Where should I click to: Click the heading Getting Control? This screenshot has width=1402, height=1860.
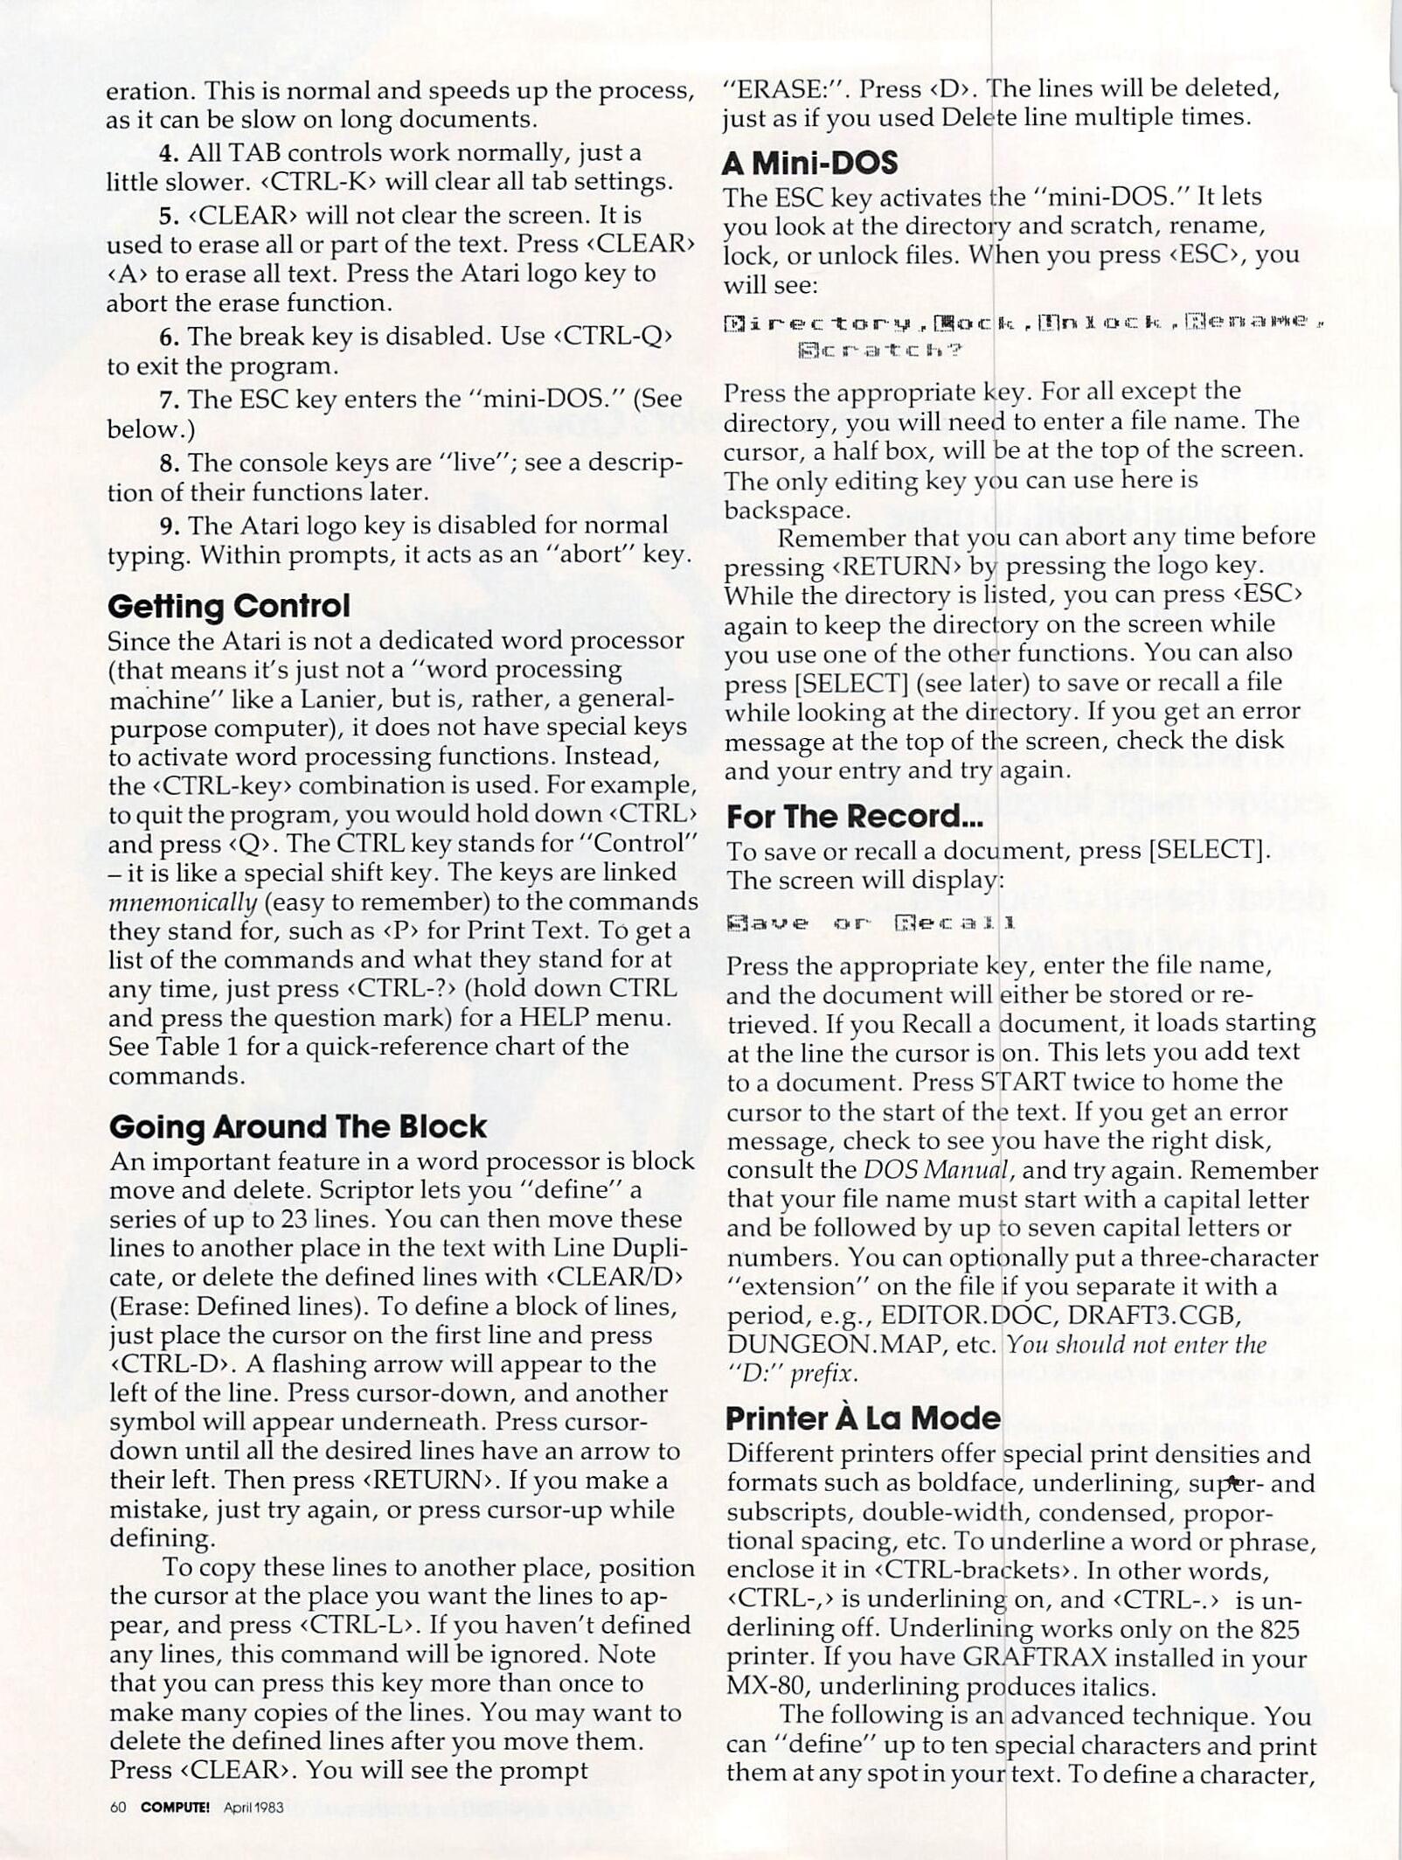228,606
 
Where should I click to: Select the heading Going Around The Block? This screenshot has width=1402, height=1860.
297,1126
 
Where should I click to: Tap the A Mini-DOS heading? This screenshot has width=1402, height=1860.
810,163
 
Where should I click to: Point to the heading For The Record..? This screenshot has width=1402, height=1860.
854,816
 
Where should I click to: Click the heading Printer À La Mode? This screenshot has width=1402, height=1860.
863,1418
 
